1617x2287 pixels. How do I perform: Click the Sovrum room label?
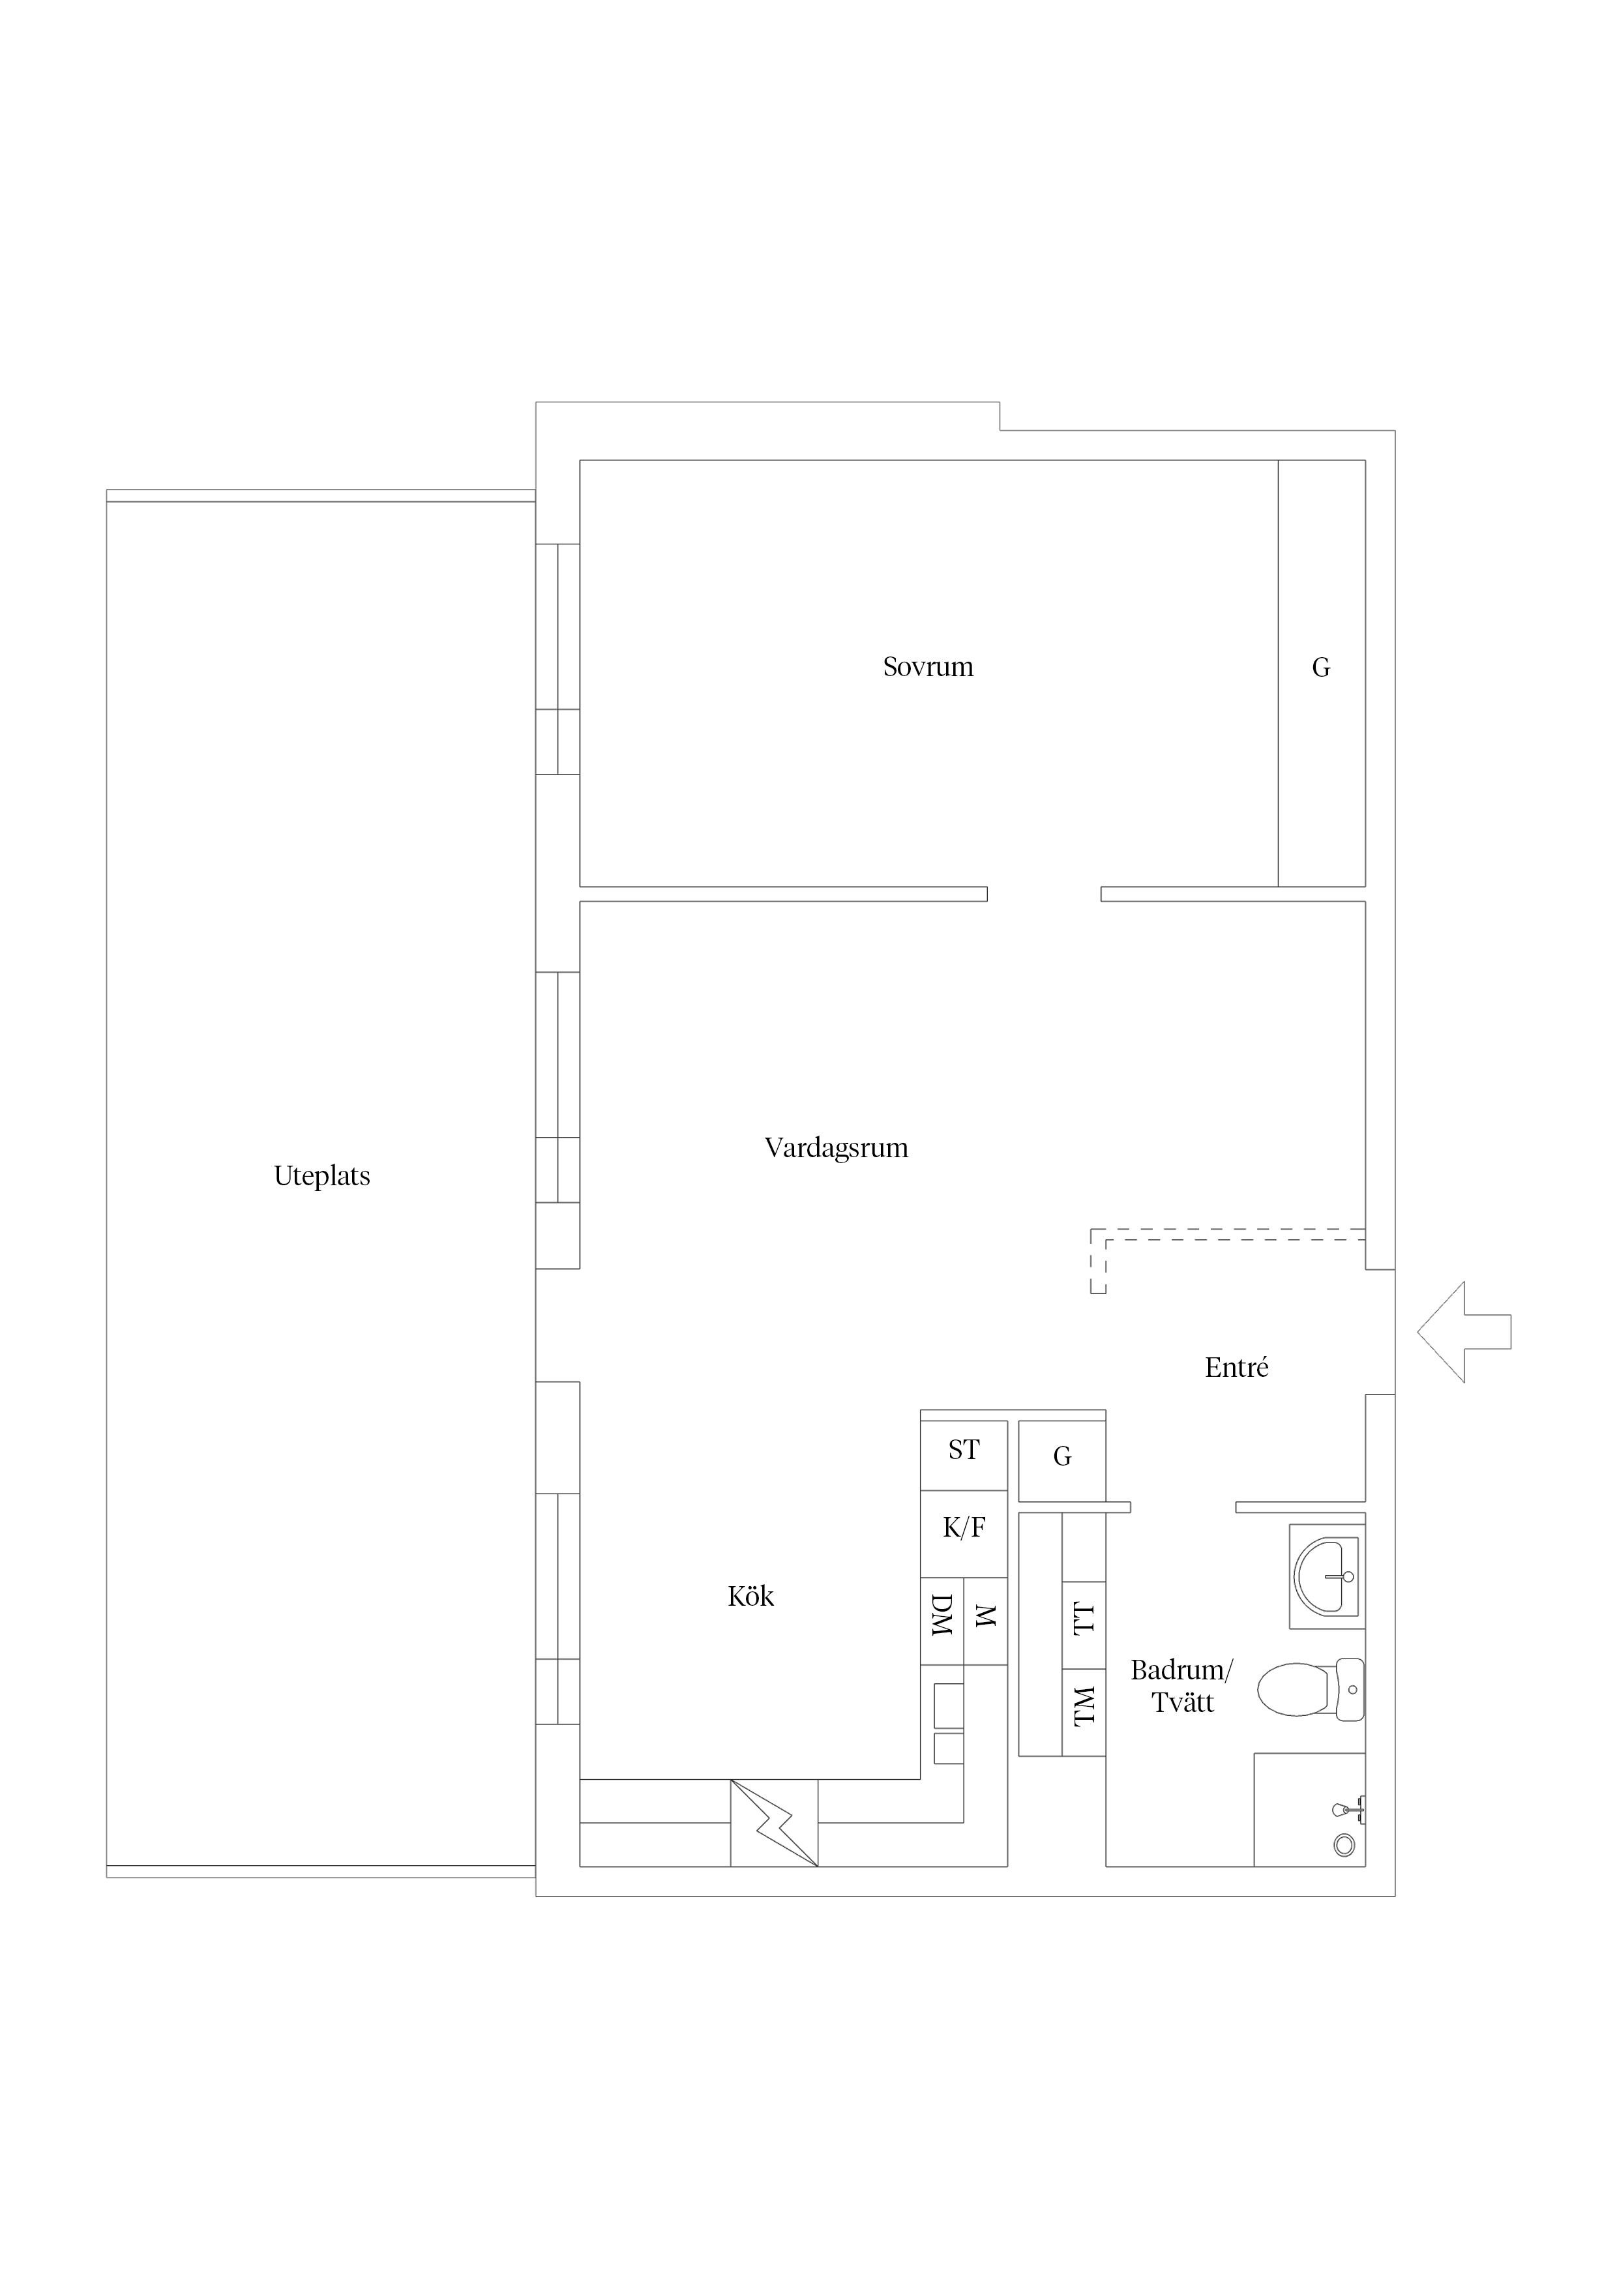[x=928, y=666]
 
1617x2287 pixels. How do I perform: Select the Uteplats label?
[x=322, y=1176]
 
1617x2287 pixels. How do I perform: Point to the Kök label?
[x=750, y=1596]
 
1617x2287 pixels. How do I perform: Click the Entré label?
[x=1236, y=1368]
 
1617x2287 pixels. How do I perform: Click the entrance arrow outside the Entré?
[x=1464, y=1332]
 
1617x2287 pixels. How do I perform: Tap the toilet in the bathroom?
[x=1310, y=1689]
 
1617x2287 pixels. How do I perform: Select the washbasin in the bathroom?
[x=1326, y=1576]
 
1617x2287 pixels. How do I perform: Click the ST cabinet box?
[x=964, y=1455]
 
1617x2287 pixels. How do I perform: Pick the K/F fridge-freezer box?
[x=964, y=1534]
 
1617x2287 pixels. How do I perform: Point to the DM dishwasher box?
[x=942, y=1621]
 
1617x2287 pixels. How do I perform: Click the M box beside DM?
[x=985, y=1621]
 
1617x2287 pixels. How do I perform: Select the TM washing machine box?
[x=1084, y=1711]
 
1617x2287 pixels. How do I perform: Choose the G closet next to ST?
[x=1062, y=1460]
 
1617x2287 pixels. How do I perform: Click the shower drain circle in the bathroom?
[x=1344, y=1846]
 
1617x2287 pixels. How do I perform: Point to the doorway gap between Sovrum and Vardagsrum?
[x=1044, y=894]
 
